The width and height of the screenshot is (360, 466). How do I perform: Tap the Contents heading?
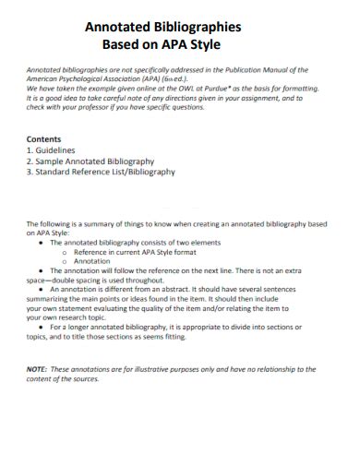[46, 138]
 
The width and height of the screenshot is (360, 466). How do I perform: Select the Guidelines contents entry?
[57, 149]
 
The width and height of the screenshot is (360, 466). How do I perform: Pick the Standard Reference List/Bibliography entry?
[105, 172]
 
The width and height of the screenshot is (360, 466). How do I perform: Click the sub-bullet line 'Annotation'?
[92, 260]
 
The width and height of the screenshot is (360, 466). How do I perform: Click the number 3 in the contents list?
[30, 172]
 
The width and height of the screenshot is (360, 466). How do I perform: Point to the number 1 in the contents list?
[30, 149]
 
